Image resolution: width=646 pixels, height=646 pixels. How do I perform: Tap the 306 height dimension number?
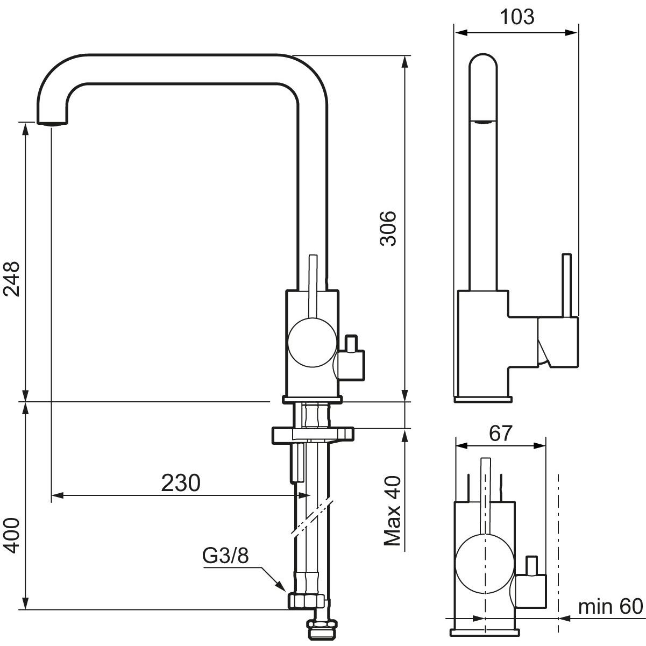point(388,228)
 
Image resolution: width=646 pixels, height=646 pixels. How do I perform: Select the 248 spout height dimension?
point(11,279)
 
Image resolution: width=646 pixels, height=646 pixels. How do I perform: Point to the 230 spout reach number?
point(181,484)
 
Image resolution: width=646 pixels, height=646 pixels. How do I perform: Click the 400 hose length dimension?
point(11,536)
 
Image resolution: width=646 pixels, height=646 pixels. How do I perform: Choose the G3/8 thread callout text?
point(225,556)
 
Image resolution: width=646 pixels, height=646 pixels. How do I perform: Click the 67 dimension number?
point(500,434)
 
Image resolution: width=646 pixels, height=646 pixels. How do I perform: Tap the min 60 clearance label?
point(610,606)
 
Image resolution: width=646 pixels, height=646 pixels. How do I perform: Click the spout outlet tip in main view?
point(52,123)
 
